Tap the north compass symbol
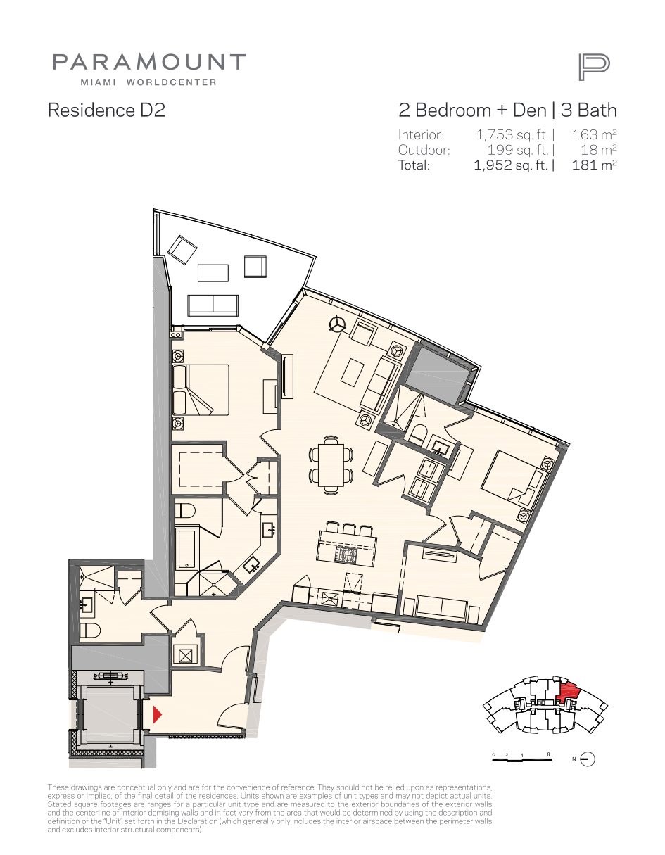(x=588, y=759)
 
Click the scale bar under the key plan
(x=521, y=758)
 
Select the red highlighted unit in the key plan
(x=567, y=692)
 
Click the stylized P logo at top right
(x=594, y=68)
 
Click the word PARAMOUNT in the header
(x=149, y=62)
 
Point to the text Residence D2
(x=107, y=110)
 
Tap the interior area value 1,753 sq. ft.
(x=512, y=135)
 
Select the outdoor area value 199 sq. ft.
(x=518, y=150)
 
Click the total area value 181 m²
(x=594, y=165)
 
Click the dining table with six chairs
(x=331, y=464)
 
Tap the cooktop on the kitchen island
(x=346, y=555)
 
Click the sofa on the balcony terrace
(x=213, y=305)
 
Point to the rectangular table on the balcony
(x=213, y=272)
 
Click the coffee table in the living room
(x=353, y=372)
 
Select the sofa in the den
(x=442, y=609)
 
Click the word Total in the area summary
(x=414, y=165)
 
